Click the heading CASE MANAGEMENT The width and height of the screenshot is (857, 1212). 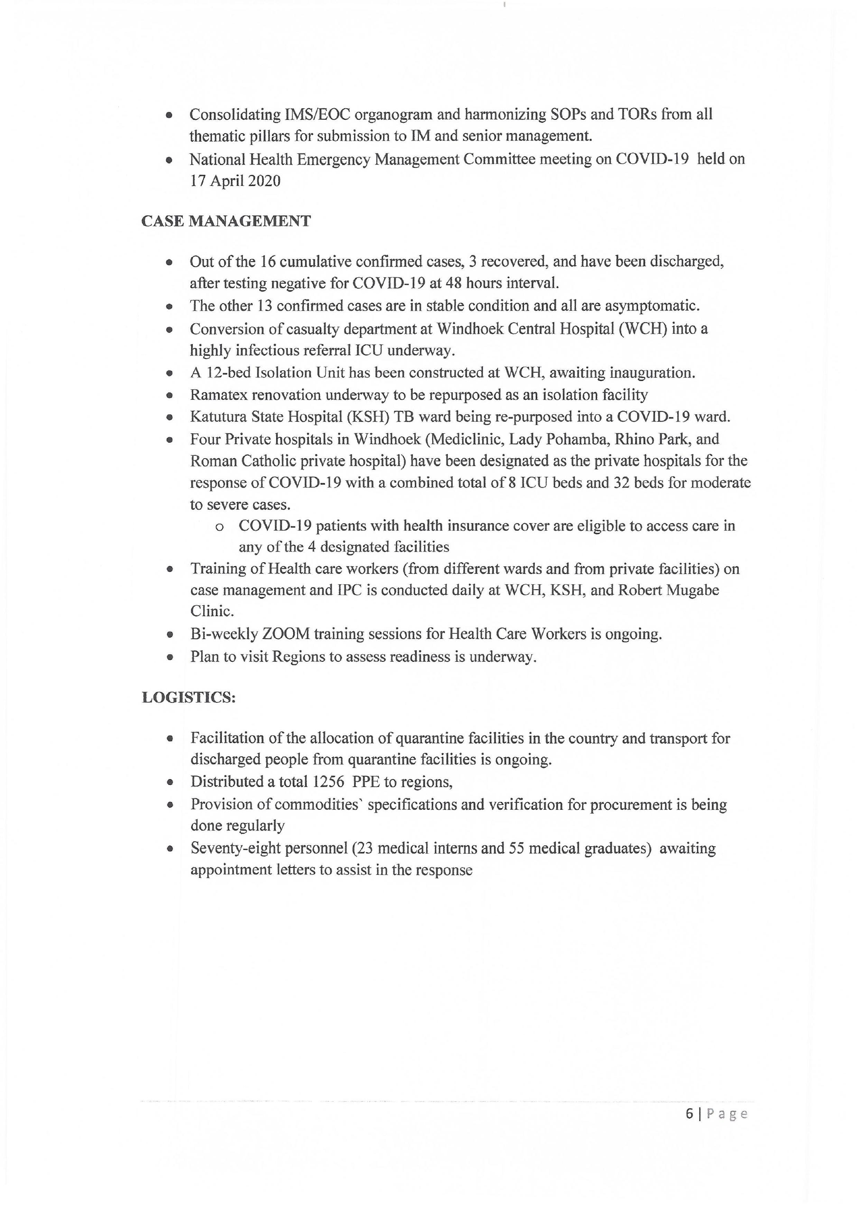[226, 221]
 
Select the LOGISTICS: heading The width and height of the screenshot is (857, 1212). [188, 697]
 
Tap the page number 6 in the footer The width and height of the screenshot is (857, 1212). [689, 1114]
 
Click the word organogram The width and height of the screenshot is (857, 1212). [393, 114]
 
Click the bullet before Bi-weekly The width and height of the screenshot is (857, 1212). [170, 634]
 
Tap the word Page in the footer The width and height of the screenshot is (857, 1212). [727, 1114]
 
